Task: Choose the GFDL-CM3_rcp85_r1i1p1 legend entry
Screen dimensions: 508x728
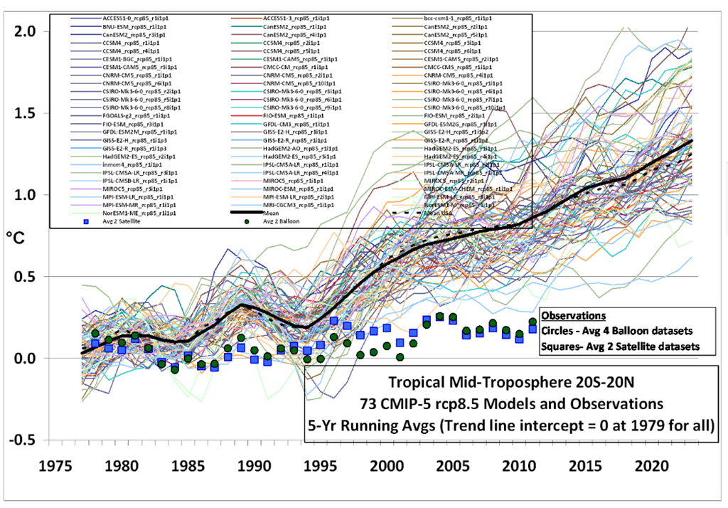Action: click(x=287, y=124)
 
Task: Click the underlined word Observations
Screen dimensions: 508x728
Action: click(x=573, y=316)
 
